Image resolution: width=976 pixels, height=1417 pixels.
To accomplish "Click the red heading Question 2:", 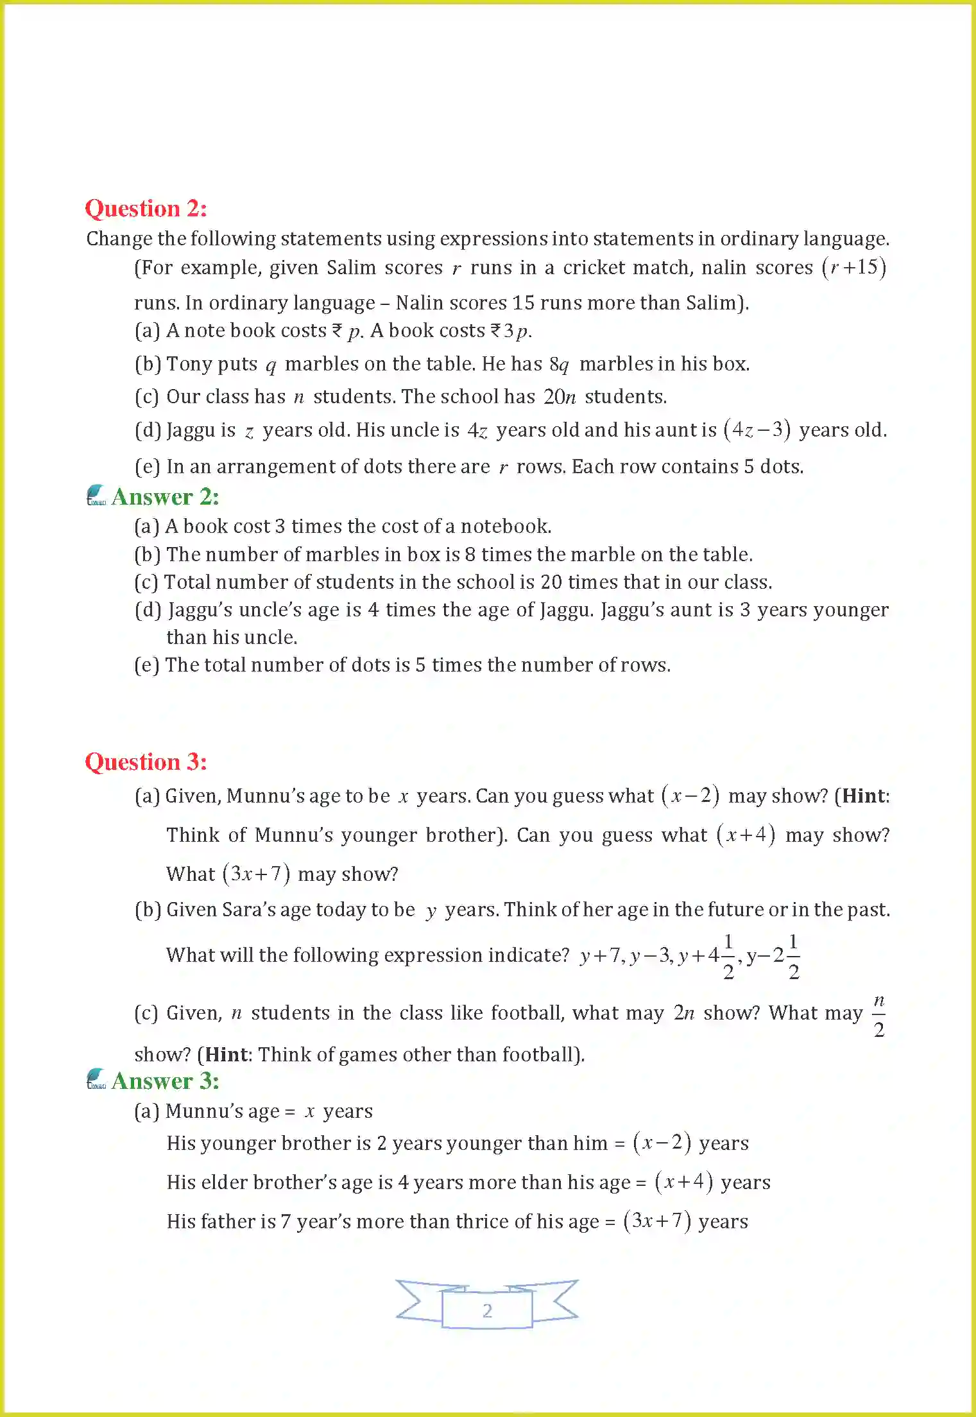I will (146, 209).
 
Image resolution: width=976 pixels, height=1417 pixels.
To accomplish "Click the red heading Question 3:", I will (146, 762).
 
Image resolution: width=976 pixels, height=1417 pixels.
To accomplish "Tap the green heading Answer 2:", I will (165, 497).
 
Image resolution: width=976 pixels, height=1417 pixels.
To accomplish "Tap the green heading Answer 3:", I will (165, 1081).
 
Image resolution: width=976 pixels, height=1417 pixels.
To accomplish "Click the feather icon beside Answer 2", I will (96, 495).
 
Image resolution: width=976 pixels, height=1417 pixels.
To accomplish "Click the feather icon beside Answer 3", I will (96, 1079).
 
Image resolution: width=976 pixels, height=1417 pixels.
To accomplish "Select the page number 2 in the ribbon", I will (487, 1310).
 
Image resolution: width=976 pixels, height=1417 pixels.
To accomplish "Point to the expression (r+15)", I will (854, 267).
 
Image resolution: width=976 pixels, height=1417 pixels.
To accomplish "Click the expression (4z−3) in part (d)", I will (757, 430).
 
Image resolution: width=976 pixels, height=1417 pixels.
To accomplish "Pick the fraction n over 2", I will (879, 1015).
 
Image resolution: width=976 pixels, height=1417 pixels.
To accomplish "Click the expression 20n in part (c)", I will (560, 397).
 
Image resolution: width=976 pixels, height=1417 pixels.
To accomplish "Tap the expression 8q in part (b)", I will (559, 365).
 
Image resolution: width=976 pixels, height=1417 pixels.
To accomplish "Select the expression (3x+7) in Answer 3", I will (656, 1221).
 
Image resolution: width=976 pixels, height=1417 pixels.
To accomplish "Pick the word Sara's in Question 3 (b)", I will (251, 910).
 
